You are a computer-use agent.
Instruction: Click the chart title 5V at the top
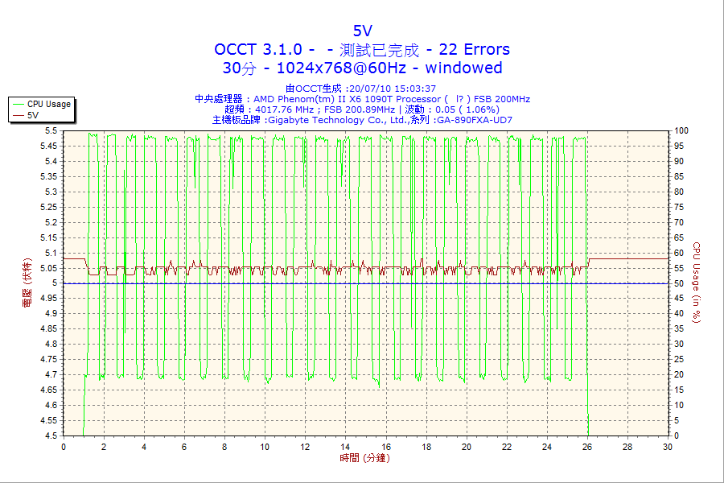[362, 31]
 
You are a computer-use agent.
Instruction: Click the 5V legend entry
[33, 115]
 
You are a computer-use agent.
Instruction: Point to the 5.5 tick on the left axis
[51, 130]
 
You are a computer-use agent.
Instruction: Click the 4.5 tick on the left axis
[51, 436]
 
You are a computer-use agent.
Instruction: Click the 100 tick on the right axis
[681, 130]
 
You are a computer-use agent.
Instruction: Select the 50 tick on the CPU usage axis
[679, 283]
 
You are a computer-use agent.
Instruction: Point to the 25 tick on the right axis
[679, 359]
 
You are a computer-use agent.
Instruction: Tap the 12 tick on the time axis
[305, 447]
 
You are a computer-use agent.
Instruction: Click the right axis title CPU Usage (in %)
[697, 283]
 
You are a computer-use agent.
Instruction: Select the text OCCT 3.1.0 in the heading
[258, 49]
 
